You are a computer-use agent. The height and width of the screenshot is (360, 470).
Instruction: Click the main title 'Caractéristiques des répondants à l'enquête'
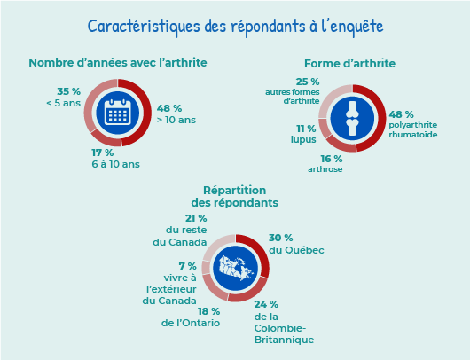coord(235,27)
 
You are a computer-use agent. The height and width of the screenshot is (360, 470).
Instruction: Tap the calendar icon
coord(117,113)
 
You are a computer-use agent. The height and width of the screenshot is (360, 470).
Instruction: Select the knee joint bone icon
coord(352,119)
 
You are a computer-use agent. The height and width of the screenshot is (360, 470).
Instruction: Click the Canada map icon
coord(237,268)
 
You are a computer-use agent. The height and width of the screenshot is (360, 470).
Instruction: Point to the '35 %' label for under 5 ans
coord(68,91)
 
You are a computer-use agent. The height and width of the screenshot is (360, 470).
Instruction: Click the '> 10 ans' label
coord(176,120)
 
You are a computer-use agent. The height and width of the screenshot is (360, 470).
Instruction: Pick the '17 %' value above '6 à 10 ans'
coord(103,153)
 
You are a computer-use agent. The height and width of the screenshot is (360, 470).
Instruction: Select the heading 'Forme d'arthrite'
coord(349,64)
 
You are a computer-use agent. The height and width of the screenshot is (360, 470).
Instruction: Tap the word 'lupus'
coord(303,140)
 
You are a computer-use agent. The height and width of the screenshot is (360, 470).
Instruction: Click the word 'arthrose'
coord(325,169)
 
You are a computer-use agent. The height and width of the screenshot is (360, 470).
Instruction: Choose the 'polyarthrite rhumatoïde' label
coord(413,129)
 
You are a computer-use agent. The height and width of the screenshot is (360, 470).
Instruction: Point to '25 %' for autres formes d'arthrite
coord(308,82)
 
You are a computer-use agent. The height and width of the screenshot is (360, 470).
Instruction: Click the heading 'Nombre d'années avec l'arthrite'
coord(118,63)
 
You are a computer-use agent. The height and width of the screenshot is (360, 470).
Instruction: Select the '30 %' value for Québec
coord(280,238)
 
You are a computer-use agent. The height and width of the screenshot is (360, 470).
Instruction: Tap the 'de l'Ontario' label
coord(191,323)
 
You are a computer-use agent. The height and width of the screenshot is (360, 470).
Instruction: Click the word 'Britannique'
coord(284,340)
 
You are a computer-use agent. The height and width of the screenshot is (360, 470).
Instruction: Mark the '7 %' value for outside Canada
coord(188,266)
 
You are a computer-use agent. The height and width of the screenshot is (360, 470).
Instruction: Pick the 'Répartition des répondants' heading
coord(235,196)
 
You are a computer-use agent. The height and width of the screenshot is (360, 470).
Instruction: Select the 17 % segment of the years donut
coord(105,140)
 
